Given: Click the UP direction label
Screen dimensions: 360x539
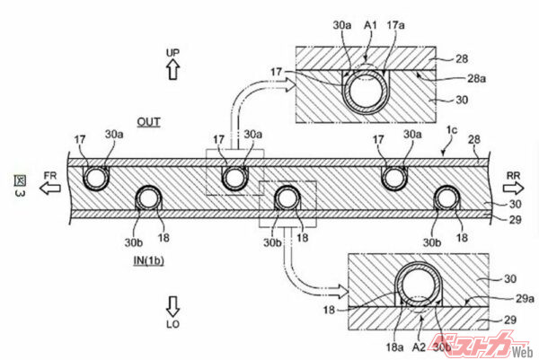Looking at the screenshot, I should (173, 54).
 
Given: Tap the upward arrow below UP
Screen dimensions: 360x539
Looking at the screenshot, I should (173, 71).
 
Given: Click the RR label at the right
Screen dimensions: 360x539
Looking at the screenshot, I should (514, 176).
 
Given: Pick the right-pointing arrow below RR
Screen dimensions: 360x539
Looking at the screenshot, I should (515, 190).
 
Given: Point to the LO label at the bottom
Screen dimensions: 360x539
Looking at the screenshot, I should (173, 320).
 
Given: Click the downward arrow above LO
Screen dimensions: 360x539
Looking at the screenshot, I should (173, 303).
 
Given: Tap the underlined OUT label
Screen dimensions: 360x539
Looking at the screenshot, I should (148, 122).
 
